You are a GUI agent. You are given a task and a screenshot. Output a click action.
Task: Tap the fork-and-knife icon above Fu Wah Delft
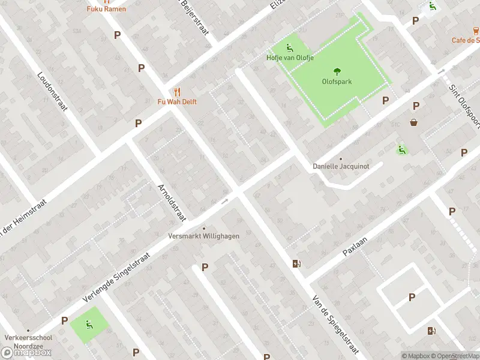click(176, 92)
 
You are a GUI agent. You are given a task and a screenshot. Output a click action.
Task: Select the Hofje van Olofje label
click(289, 58)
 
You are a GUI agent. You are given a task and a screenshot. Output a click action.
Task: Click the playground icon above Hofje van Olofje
click(289, 48)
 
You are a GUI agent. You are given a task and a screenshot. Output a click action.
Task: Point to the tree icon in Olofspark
click(336, 71)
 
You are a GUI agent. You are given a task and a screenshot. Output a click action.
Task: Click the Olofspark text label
click(337, 82)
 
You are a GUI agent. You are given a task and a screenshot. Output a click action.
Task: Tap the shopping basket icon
click(414, 122)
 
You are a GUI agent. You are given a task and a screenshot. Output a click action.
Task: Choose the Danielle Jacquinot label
click(340, 166)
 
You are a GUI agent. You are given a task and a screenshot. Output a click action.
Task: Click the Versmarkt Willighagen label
click(203, 236)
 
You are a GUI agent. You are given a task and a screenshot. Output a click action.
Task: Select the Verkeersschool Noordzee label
click(27, 341)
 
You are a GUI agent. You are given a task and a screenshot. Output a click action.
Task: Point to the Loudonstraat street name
click(53, 93)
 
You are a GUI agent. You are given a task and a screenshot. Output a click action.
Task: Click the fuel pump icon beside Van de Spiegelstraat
click(296, 263)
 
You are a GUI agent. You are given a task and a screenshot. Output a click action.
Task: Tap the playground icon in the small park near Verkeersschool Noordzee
click(89, 325)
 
